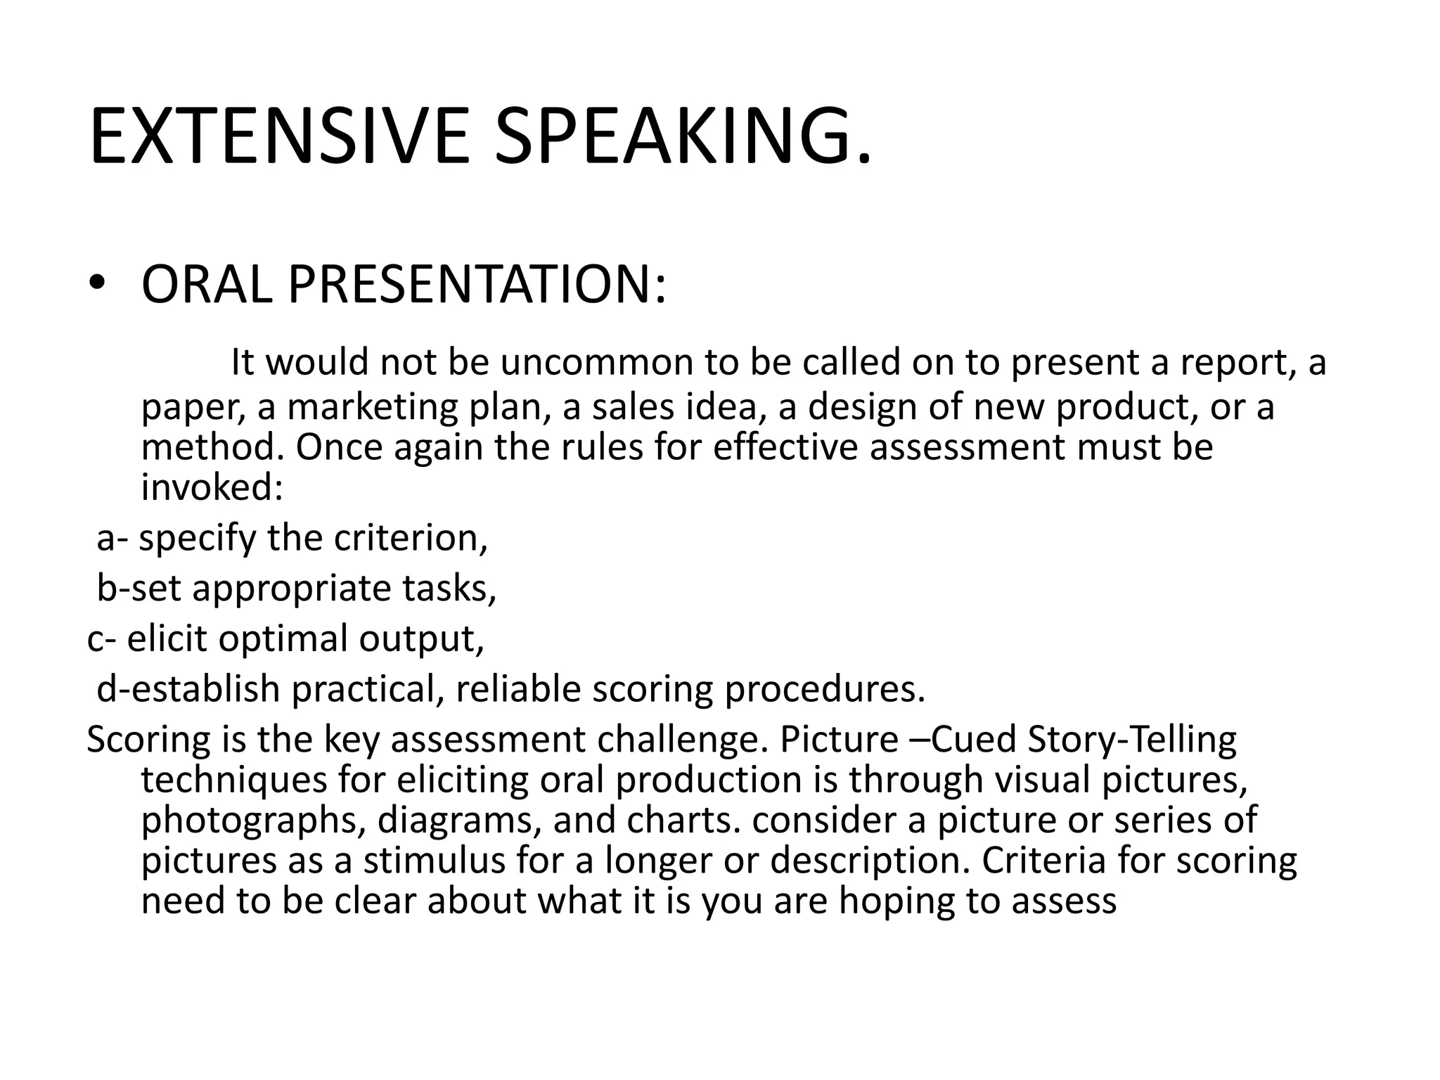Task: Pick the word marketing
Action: click(373, 407)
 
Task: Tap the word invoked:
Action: click(212, 487)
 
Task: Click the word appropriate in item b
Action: click(292, 589)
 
